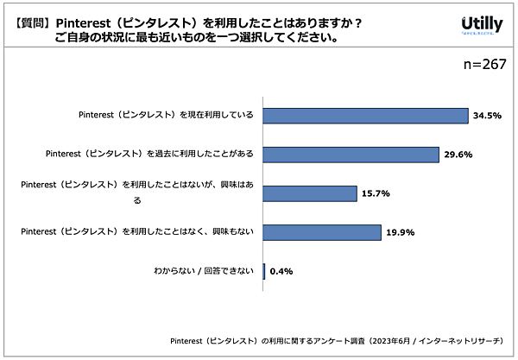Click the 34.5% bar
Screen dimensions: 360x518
click(x=364, y=116)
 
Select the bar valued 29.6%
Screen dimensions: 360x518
click(x=351, y=155)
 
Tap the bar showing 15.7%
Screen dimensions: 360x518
click(x=309, y=193)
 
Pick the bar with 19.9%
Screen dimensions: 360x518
click(x=321, y=232)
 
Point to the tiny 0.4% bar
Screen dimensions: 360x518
click(x=263, y=271)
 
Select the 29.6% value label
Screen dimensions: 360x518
click(x=459, y=155)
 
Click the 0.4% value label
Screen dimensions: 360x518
click(x=281, y=271)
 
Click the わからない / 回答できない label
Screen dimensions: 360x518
click(x=198, y=271)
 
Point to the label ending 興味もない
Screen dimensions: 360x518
click(x=136, y=232)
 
